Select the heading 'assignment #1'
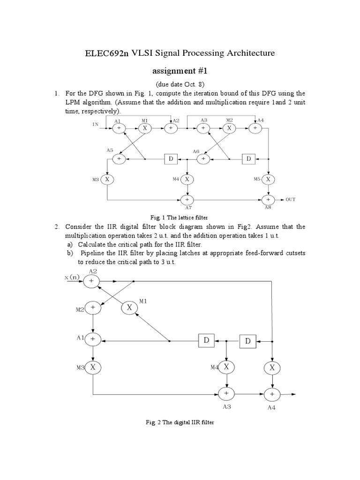coord(180,71)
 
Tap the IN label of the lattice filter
coord(96,124)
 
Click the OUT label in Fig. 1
coord(291,199)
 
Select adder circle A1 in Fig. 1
coord(119,127)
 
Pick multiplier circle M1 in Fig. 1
coord(145,127)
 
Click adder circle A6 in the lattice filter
coord(203,159)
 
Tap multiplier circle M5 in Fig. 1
coord(268,179)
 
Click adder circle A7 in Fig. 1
coord(187,199)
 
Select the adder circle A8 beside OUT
coord(268,199)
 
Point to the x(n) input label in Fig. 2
coord(73,277)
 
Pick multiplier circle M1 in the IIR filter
coord(130,307)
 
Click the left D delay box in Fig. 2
coord(206,341)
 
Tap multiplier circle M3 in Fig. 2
coord(93,367)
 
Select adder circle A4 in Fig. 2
coord(271,394)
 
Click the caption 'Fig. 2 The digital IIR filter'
coord(180,422)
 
